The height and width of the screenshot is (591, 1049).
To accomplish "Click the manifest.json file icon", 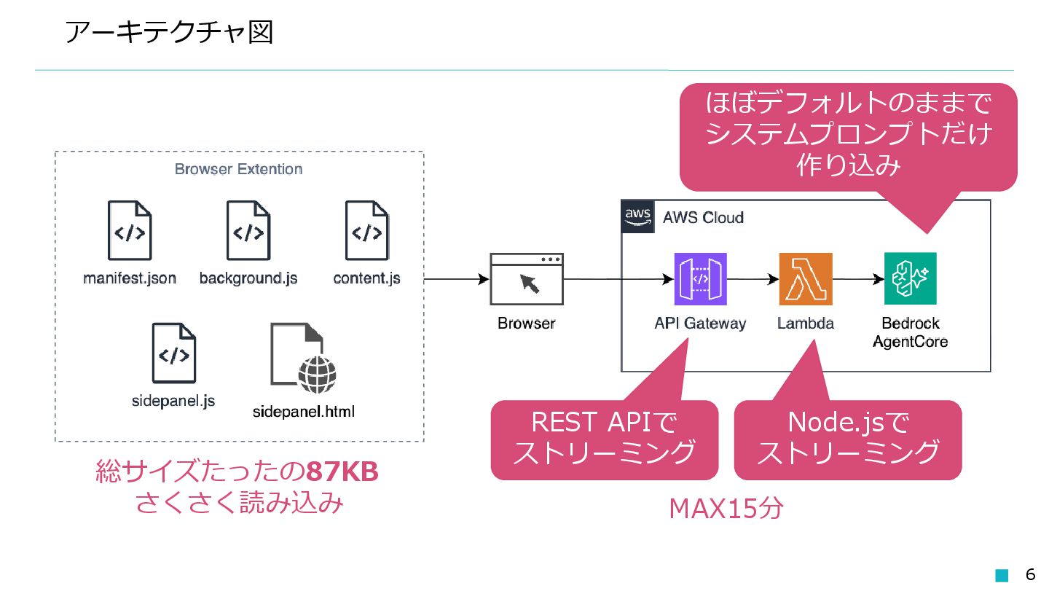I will click(x=130, y=230).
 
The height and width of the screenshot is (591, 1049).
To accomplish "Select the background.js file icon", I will click(x=248, y=230).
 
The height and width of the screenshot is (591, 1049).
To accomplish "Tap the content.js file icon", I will click(x=366, y=230).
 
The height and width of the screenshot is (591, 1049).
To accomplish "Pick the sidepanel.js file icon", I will click(x=173, y=353).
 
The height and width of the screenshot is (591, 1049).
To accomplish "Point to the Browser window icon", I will click(x=526, y=279).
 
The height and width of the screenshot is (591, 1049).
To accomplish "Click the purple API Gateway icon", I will click(x=700, y=279).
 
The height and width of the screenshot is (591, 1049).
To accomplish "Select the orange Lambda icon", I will click(x=805, y=279).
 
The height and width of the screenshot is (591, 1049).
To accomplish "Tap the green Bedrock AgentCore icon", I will click(x=910, y=279).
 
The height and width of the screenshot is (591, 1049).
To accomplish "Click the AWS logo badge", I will click(x=637, y=216).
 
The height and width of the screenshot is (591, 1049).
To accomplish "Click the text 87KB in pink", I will click(x=342, y=473).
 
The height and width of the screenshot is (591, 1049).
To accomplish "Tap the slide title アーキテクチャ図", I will click(x=168, y=33).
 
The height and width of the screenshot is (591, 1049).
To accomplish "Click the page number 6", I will click(x=1030, y=574).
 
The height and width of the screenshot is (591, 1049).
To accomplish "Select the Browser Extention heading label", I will click(x=238, y=169).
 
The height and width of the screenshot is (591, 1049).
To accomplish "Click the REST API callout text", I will click(x=604, y=437).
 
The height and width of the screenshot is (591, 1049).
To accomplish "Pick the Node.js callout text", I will click(x=848, y=437).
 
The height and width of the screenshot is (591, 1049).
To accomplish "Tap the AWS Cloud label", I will click(x=702, y=217).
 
